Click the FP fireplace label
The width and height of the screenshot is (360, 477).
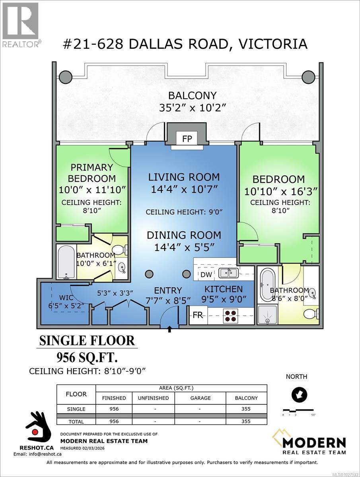coord(187,139)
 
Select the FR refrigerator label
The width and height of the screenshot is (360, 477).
coord(198,315)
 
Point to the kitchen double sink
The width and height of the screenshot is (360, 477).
coord(229,273)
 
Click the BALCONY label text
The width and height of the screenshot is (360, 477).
coord(192,95)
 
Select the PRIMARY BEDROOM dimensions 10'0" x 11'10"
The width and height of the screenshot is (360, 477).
coord(92,190)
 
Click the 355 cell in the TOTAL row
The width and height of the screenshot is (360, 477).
coord(245,421)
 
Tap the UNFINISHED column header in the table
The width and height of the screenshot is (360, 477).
coord(153,398)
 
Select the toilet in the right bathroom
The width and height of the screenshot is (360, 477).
coord(311,314)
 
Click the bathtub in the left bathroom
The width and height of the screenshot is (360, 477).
coord(65,262)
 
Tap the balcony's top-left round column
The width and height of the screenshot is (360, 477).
coord(66,76)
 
